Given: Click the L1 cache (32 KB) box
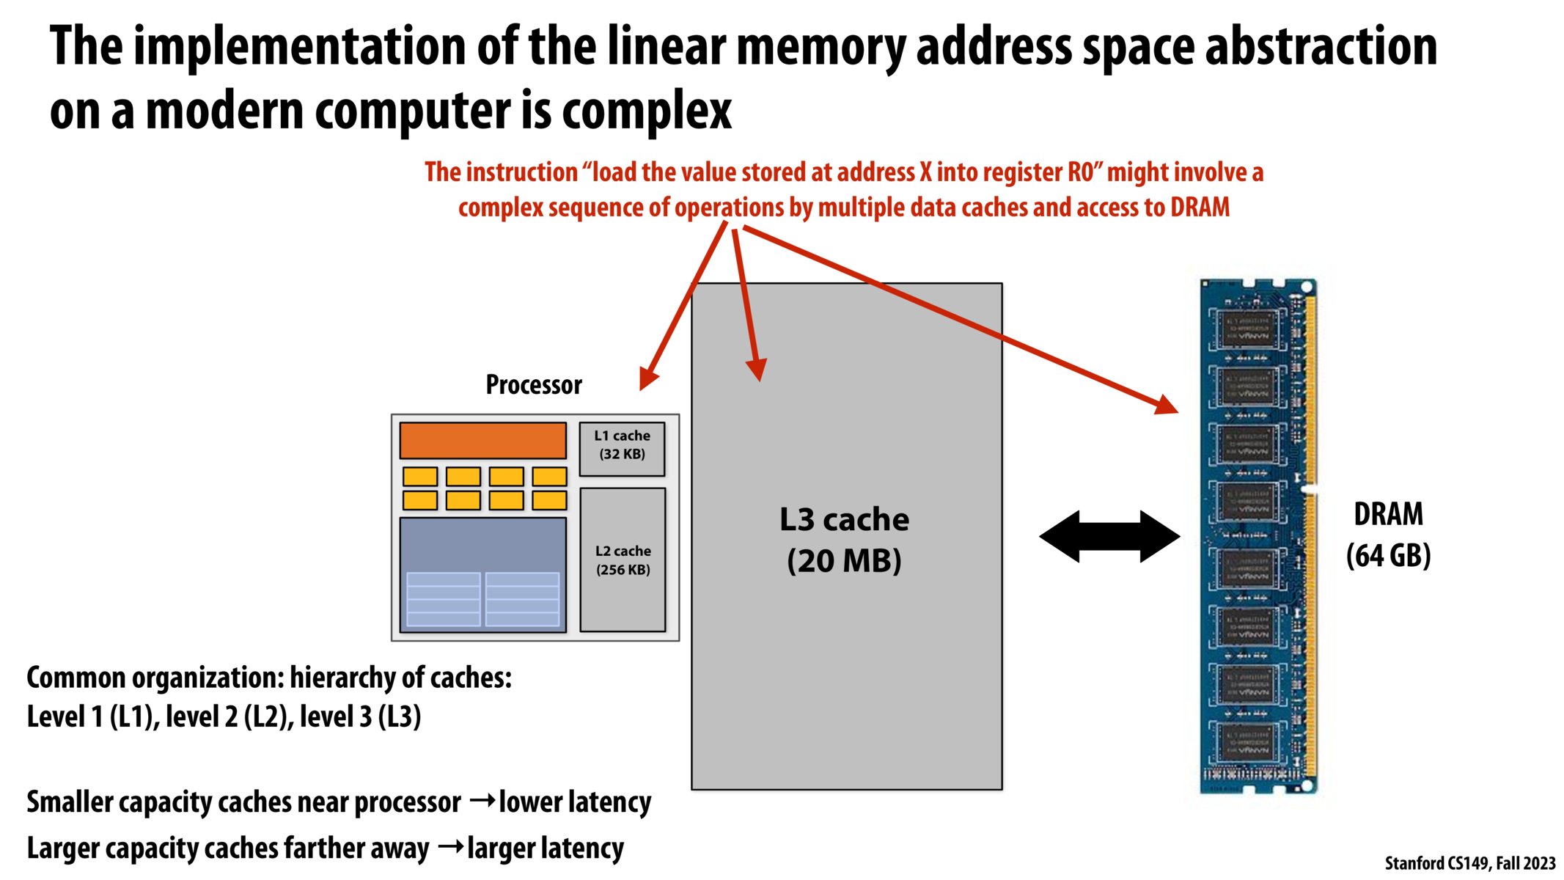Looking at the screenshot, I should click(x=622, y=448).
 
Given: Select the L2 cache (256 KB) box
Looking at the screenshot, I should click(x=623, y=560).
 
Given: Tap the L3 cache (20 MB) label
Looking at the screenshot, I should click(x=844, y=540).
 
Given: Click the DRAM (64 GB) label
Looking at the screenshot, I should click(x=1388, y=535).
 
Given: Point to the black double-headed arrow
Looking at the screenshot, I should click(x=1109, y=537).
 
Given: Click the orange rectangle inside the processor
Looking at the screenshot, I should click(x=482, y=440).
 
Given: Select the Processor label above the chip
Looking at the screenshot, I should click(x=534, y=385).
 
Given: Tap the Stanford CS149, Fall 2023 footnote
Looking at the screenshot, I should click(x=1469, y=863).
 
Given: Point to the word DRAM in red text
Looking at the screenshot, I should click(x=1200, y=208).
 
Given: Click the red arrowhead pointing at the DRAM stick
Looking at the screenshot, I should click(x=1166, y=404).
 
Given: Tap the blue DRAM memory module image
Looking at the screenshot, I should click(x=1258, y=536).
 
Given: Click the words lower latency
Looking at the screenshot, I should click(x=575, y=802).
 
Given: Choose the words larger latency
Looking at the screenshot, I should click(x=545, y=848).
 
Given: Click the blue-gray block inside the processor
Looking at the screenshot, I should click(x=482, y=574).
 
